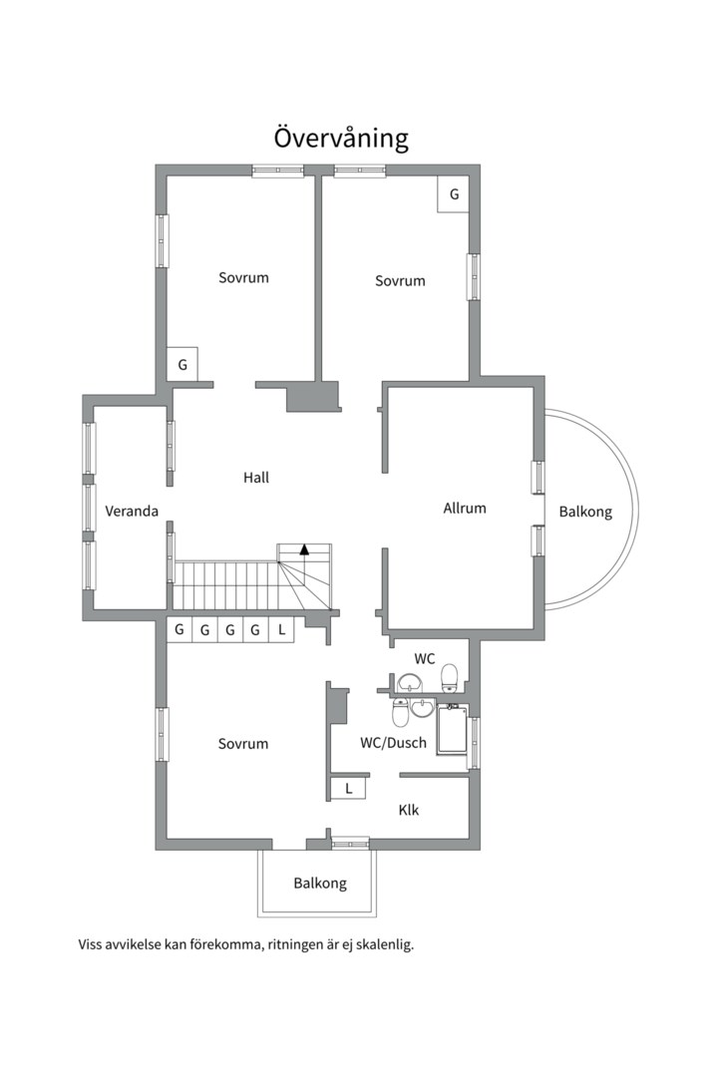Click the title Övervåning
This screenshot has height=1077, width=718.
tap(341, 138)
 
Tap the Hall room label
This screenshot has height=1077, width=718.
tap(255, 477)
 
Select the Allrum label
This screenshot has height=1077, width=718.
tap(465, 509)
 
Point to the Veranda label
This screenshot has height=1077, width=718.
tap(132, 511)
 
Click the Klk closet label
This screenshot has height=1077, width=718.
tap(409, 810)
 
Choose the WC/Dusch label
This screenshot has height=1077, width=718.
tap(393, 743)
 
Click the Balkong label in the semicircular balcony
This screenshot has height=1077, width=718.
tap(585, 512)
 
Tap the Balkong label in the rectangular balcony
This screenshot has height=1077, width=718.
tap(320, 884)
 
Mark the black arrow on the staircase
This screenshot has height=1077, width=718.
tap(304, 548)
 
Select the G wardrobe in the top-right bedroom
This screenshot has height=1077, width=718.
tap(454, 194)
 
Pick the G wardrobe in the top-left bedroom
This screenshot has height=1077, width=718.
tap(182, 365)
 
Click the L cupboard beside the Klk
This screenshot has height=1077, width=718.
tap(348, 789)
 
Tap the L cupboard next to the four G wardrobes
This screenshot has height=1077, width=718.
tap(281, 629)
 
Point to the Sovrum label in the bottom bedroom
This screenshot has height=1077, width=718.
tap(243, 744)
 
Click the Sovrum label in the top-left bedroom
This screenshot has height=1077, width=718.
tap(243, 277)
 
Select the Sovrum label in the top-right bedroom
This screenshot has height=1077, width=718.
tap(400, 280)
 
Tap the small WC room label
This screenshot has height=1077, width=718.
tap(425, 659)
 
